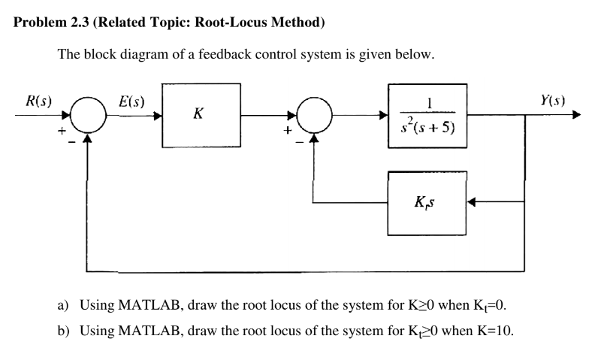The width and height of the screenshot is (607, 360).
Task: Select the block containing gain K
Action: tap(201, 116)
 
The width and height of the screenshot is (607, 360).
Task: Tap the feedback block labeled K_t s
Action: tap(426, 202)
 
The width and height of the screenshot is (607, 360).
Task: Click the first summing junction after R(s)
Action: tap(89, 116)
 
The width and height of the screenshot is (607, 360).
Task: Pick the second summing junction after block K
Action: tap(313, 116)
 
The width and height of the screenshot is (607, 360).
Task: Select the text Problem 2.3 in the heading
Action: tap(51, 23)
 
